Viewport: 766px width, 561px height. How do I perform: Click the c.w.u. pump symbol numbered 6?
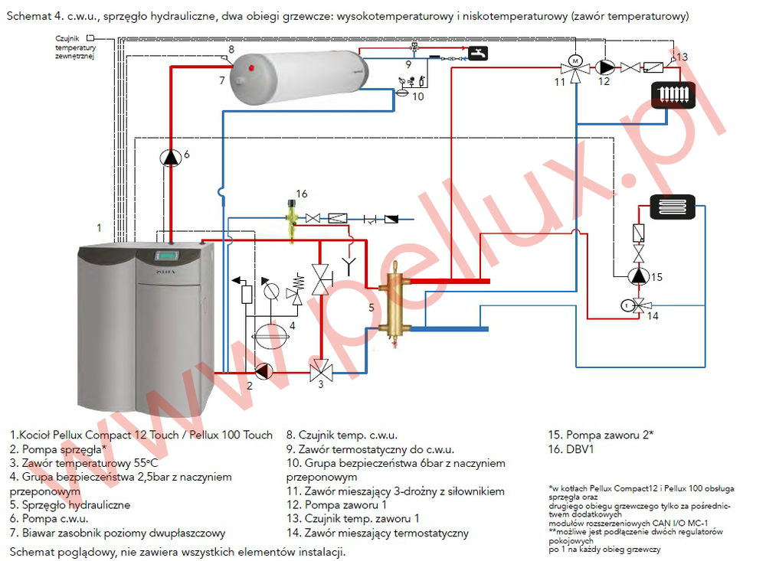[x=169, y=157]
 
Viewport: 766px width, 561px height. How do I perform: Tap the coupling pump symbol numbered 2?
[x=263, y=371]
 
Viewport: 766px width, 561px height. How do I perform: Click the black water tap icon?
[x=478, y=54]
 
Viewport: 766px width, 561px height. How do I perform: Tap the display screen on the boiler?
[x=167, y=256]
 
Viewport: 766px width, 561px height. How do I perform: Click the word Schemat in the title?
[x=26, y=16]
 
